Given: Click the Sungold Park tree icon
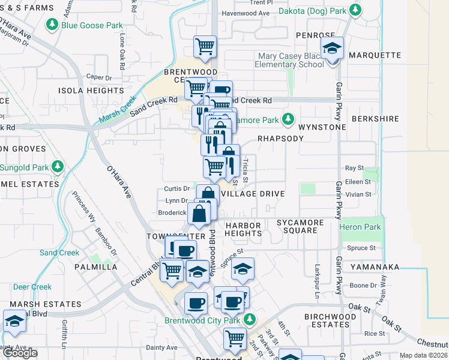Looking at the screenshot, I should pyautogui.click(x=58, y=166).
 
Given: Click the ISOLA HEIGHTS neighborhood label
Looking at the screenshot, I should pyautogui.click(x=91, y=91).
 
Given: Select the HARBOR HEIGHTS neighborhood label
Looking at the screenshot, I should pyautogui.click(x=243, y=229).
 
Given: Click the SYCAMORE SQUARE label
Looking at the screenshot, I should pyautogui.click(x=300, y=226).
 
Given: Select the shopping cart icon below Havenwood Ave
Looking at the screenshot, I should pyautogui.click(x=205, y=47).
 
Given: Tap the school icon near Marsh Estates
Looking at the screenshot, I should pyautogui.click(x=14, y=322).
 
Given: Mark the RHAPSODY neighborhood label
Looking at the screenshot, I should pyautogui.click(x=280, y=138).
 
